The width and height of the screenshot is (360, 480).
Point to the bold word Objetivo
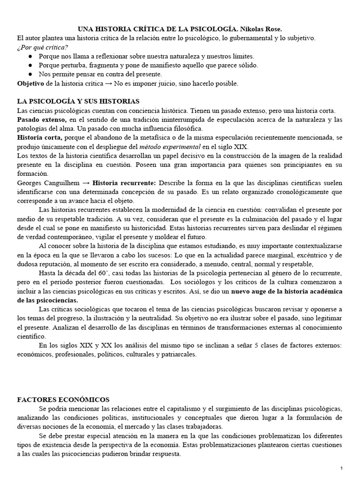coord(31,83)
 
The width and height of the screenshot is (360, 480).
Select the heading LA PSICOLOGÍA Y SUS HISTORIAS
coord(78,101)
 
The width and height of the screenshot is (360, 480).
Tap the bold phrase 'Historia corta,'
coord(39,137)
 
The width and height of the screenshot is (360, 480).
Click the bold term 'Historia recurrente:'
coord(124,182)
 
